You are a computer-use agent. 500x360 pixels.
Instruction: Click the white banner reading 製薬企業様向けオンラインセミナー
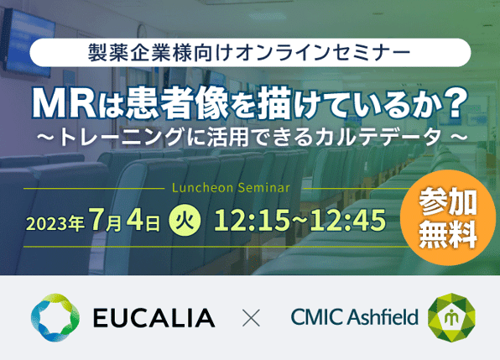click(250, 53)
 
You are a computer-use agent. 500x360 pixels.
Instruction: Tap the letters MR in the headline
click(64, 104)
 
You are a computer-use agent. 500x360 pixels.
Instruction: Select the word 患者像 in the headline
click(177, 103)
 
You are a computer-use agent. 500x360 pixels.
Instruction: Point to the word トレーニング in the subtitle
click(122, 137)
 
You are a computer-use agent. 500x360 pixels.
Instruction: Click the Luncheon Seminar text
click(231, 188)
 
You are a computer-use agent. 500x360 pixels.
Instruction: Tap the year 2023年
click(55, 223)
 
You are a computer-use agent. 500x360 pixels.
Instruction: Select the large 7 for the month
click(96, 219)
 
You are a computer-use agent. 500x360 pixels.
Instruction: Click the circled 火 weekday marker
click(185, 220)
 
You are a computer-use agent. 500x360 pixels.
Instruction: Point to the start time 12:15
click(252, 220)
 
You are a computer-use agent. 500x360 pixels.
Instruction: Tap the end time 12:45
click(348, 220)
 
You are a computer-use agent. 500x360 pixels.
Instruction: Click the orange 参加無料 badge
click(448, 218)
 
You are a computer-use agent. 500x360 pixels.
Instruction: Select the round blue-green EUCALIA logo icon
click(55, 317)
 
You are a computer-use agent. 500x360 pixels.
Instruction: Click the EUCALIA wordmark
click(154, 317)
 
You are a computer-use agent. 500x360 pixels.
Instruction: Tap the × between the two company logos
click(251, 317)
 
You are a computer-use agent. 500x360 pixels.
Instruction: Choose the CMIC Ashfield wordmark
click(354, 316)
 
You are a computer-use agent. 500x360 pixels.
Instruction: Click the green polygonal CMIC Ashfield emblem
click(451, 317)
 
